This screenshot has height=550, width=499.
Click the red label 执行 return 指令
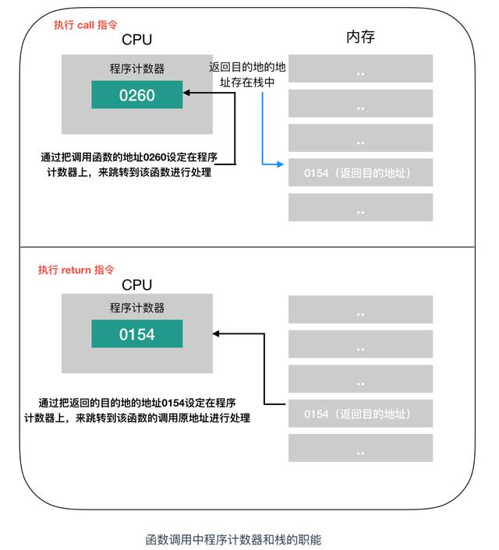(x=76, y=270)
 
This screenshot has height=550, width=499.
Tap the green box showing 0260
(x=136, y=96)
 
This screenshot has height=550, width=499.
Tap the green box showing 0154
(x=136, y=335)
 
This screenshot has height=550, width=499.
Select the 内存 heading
(x=361, y=37)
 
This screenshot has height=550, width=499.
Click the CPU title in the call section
(x=137, y=40)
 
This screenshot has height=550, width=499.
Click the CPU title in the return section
(x=137, y=285)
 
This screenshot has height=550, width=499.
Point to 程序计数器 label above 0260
(x=137, y=69)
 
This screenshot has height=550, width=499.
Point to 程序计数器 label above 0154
(x=137, y=308)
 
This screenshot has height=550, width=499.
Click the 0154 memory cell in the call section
(x=360, y=173)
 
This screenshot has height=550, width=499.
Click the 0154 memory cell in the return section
(x=360, y=414)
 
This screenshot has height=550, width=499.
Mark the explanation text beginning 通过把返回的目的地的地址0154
(x=136, y=411)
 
